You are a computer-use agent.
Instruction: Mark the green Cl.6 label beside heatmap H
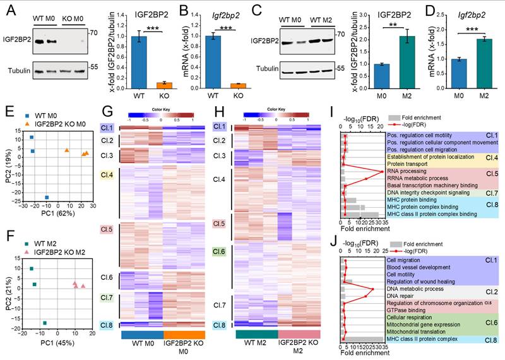pos(219,251)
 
